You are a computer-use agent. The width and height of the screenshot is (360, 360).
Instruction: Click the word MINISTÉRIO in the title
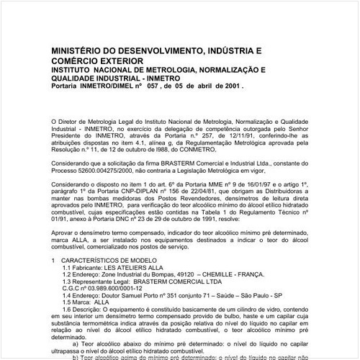[81, 53]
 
